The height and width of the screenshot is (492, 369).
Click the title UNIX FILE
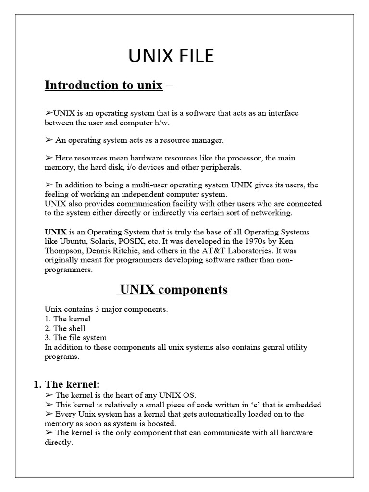coord(171,57)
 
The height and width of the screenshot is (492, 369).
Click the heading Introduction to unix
coord(104,86)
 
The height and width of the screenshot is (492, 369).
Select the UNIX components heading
coord(173,290)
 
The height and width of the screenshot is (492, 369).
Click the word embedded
coord(304,405)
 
